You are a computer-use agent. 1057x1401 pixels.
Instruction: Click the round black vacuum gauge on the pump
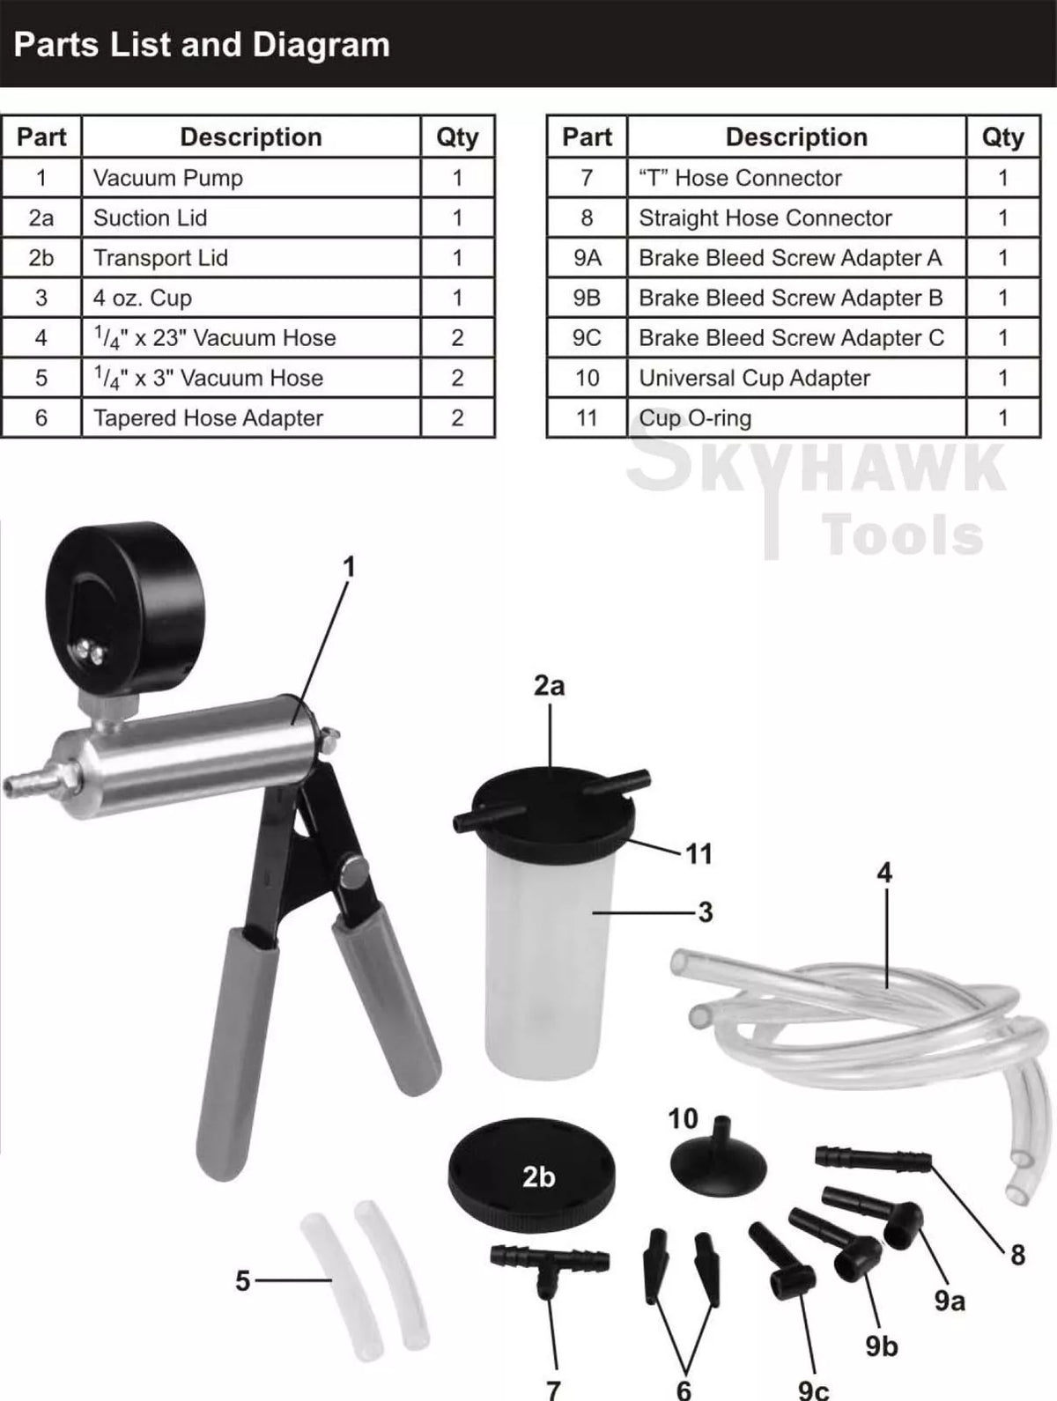[126, 609]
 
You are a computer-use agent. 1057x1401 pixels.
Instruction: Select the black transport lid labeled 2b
[532, 1176]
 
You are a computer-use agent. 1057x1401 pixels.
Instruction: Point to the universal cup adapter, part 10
[718, 1154]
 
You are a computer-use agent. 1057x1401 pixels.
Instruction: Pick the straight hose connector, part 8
[873, 1157]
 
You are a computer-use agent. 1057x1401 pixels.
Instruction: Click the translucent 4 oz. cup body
[550, 957]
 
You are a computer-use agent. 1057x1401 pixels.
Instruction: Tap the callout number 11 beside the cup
[699, 854]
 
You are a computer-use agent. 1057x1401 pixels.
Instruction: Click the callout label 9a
[950, 1300]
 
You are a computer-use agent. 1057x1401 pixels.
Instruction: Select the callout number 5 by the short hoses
[242, 1280]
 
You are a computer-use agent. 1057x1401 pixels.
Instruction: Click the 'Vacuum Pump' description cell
[252, 178]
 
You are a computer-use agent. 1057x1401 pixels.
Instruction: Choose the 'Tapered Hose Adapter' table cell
[252, 418]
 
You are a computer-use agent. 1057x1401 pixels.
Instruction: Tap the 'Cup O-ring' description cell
[796, 418]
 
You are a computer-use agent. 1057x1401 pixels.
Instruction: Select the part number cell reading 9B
[587, 298]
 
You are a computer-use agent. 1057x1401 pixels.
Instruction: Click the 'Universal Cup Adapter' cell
[796, 378]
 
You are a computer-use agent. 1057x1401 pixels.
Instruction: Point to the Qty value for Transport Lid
[457, 258]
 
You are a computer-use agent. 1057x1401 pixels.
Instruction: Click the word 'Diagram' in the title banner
[321, 45]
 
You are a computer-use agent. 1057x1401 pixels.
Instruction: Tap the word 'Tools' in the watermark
[902, 535]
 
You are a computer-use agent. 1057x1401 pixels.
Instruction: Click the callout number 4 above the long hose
[884, 873]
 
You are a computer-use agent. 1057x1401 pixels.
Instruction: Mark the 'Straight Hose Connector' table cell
[796, 218]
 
